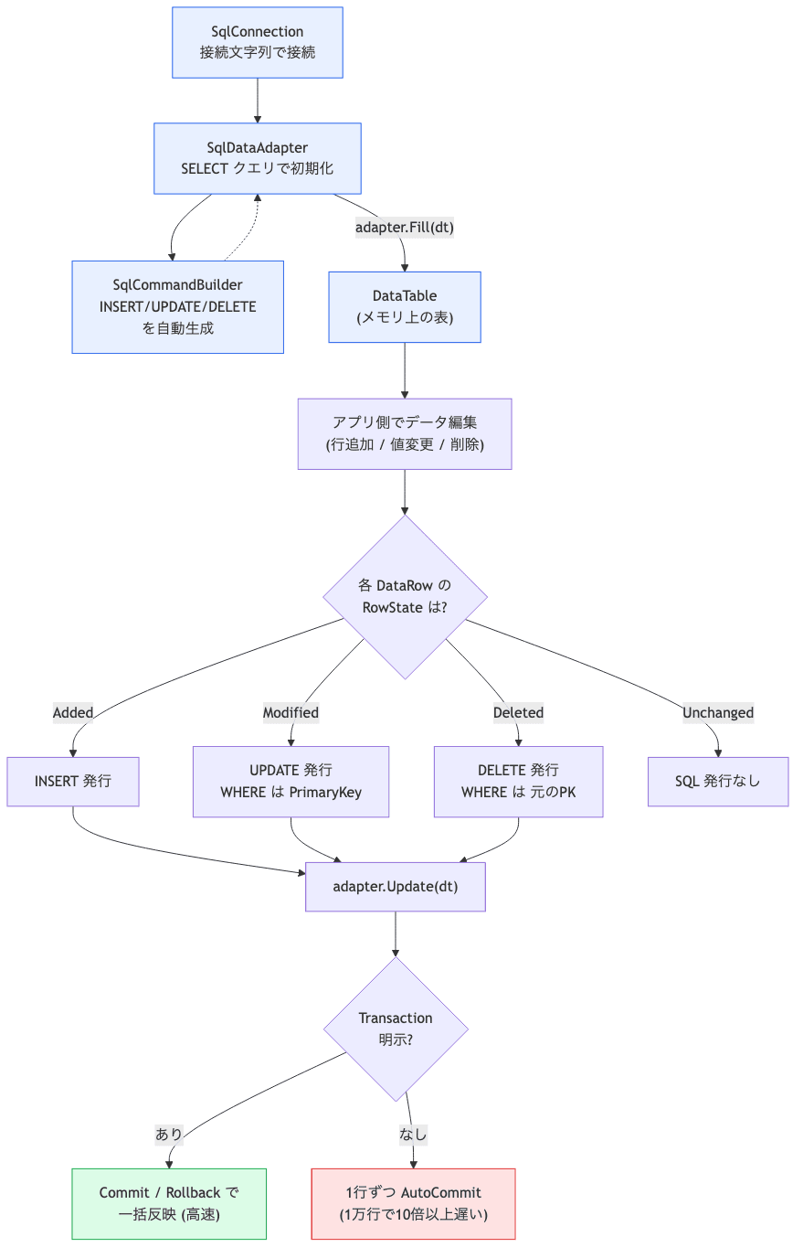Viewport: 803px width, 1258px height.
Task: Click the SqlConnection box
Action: coord(257,43)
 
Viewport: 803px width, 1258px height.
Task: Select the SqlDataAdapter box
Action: coord(257,158)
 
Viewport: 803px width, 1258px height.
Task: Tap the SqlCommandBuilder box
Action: coord(177,306)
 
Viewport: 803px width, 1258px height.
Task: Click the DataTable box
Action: coord(404,306)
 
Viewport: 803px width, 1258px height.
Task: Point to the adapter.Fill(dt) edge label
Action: coord(404,228)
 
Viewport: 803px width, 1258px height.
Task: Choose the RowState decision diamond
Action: coord(405,596)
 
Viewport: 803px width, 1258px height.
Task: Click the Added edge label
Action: coord(73,712)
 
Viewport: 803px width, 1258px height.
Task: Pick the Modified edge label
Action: coord(291,712)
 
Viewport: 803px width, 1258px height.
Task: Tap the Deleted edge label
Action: coord(518,712)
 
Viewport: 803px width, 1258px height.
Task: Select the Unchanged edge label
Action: coord(718,712)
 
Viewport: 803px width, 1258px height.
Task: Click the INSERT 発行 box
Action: coord(73,781)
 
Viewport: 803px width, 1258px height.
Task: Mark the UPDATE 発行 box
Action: coord(291,781)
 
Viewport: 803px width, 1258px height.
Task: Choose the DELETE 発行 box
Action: coord(518,781)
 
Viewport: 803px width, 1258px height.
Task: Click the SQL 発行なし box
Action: coord(718,781)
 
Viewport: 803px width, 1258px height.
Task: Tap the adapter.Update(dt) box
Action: coord(395,886)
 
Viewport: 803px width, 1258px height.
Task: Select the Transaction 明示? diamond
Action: coord(396,1029)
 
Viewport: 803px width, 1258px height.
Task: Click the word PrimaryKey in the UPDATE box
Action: coord(325,792)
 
